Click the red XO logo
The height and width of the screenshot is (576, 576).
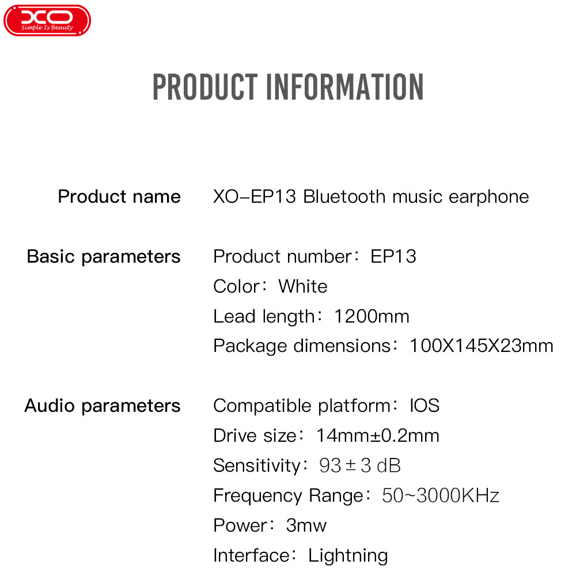click(47, 20)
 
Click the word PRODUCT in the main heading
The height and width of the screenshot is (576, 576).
click(205, 87)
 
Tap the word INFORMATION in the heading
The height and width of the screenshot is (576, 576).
click(345, 87)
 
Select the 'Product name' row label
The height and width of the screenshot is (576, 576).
click(119, 196)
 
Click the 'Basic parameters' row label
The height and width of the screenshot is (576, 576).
click(104, 256)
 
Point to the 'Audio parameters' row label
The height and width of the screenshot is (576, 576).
click(103, 406)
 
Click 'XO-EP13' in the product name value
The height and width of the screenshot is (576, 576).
click(254, 196)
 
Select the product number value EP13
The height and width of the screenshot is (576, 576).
click(393, 256)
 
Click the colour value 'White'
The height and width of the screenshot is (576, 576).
click(303, 286)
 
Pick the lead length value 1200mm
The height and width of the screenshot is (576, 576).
click(372, 316)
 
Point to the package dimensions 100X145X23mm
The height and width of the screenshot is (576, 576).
click(481, 346)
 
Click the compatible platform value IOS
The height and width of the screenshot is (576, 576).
click(425, 406)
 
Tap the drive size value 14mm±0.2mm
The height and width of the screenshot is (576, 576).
click(378, 435)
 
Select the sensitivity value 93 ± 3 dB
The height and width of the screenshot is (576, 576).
click(359, 465)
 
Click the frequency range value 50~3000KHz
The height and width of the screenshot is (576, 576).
click(441, 495)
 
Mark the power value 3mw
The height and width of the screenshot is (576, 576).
click(306, 525)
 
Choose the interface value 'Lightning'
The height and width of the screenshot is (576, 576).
click(348, 556)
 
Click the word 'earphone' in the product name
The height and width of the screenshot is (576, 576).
click(488, 197)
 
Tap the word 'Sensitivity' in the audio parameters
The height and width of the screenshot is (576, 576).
click(257, 466)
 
